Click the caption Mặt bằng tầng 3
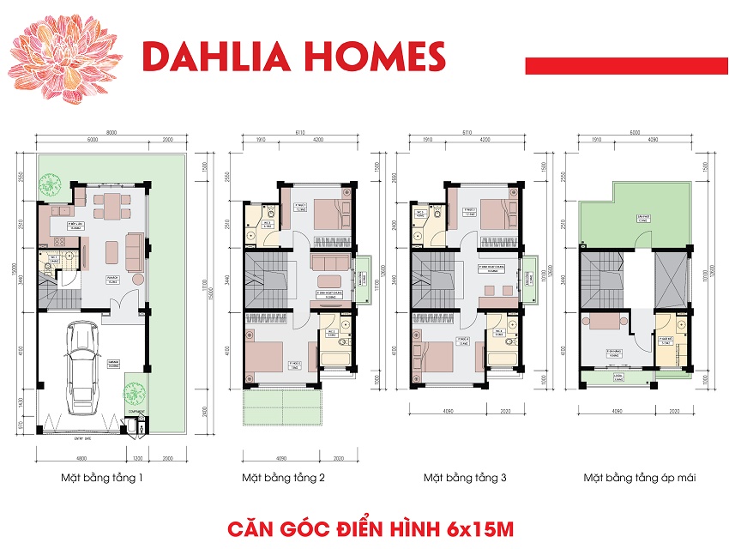[464, 477]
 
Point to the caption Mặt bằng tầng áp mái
[639, 477]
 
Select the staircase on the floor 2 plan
[267, 280]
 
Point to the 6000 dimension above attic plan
[634, 133]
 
